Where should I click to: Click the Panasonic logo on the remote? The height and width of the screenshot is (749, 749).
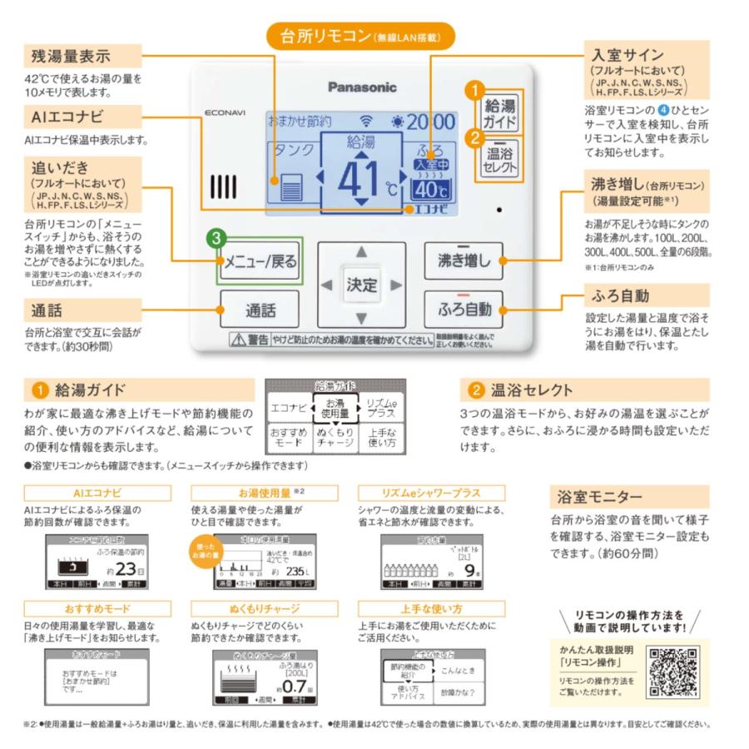[x=361, y=87]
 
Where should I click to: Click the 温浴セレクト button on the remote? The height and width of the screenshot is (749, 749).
[x=499, y=157]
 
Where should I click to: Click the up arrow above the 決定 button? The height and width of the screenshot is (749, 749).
[x=361, y=252]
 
